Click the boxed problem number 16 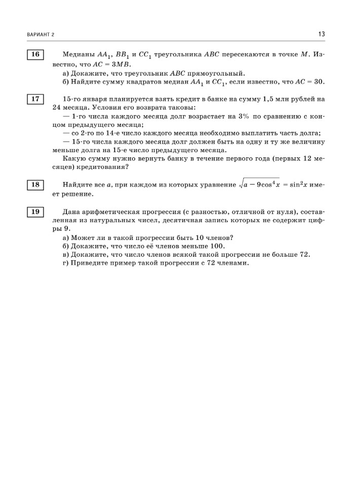click(35, 54)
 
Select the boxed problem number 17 click(35, 99)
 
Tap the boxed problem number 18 click(35, 185)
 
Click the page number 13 click(321, 34)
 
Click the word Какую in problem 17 click(74, 159)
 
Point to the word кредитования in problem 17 click(99, 168)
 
